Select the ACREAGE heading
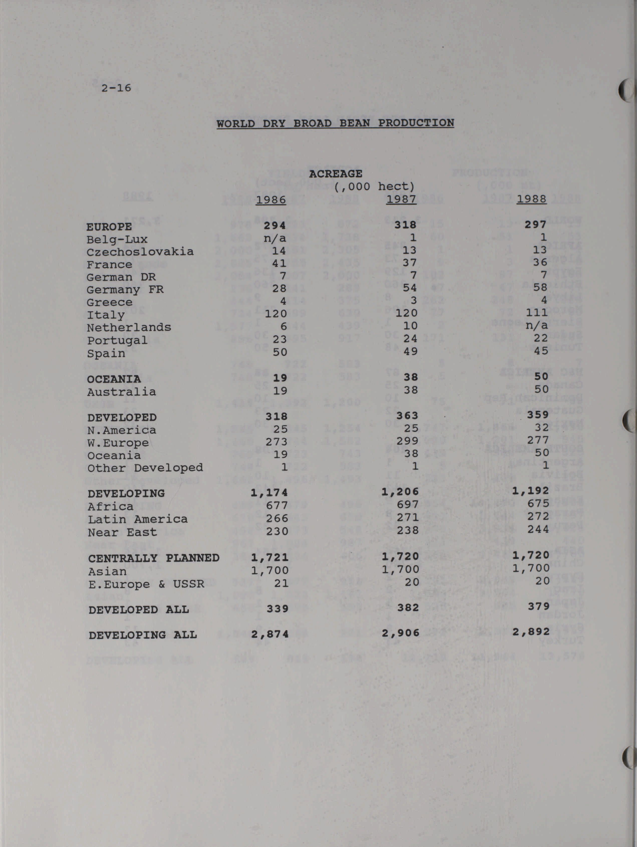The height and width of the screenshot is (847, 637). pyautogui.click(x=335, y=174)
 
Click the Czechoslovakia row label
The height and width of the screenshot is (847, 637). pyautogui.click(x=140, y=252)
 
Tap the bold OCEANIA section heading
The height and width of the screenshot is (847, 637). pyautogui.click(x=114, y=379)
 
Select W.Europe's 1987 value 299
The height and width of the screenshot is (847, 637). pyautogui.click(x=407, y=441)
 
